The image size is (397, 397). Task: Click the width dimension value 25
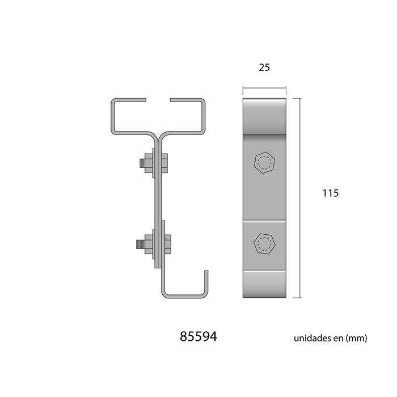point(264,67)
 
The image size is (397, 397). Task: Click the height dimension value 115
point(331,193)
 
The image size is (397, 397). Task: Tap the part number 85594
point(198,337)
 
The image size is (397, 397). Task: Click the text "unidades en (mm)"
point(330,338)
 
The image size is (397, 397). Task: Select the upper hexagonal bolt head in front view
point(265,163)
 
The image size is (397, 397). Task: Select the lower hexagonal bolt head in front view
point(265,243)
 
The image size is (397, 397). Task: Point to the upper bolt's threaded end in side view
point(142,163)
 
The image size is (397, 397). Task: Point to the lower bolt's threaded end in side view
point(141,244)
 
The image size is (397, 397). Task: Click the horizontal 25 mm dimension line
point(264,88)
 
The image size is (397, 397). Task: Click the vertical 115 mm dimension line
point(300,198)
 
